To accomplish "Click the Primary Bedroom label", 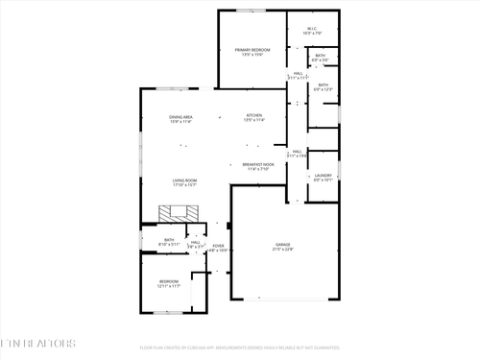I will (252, 49).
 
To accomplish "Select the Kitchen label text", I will (253, 115).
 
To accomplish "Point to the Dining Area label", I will (180, 115).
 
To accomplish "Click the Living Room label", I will (184, 181).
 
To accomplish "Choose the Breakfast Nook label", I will (258, 164).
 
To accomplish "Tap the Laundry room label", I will (324, 176).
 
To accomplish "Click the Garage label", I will (283, 245).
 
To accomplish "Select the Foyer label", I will (218, 247).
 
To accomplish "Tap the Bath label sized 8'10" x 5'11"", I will (169, 241).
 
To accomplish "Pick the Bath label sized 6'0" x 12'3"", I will (324, 85).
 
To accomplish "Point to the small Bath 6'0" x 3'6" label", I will (320, 57).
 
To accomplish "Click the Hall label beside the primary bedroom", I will (299, 74).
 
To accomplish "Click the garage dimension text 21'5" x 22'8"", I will (283, 250).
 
